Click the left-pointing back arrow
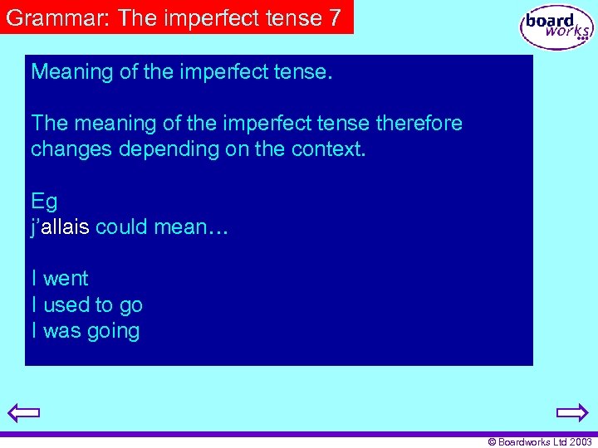[x=23, y=412]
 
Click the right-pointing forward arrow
[x=572, y=412]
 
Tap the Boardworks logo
[x=556, y=27]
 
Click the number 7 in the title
[x=335, y=18]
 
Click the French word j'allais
[x=60, y=226]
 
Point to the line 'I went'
[x=59, y=278]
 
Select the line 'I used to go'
[x=86, y=304]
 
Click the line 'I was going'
[x=85, y=331]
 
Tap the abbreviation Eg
[x=44, y=201]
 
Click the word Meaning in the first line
[x=72, y=71]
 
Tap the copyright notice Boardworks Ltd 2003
[x=539, y=442]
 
